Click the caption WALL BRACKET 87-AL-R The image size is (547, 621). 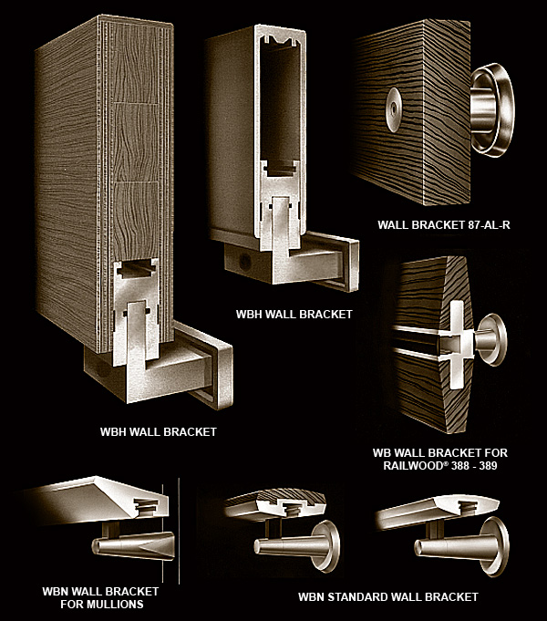444,225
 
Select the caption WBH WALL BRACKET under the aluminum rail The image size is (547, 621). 294,314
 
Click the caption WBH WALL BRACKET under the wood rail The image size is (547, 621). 158,431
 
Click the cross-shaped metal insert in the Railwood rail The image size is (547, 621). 457,343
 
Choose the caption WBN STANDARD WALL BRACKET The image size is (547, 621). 388,597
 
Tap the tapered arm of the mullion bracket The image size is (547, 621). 133,545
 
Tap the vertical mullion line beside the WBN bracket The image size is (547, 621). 179,531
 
